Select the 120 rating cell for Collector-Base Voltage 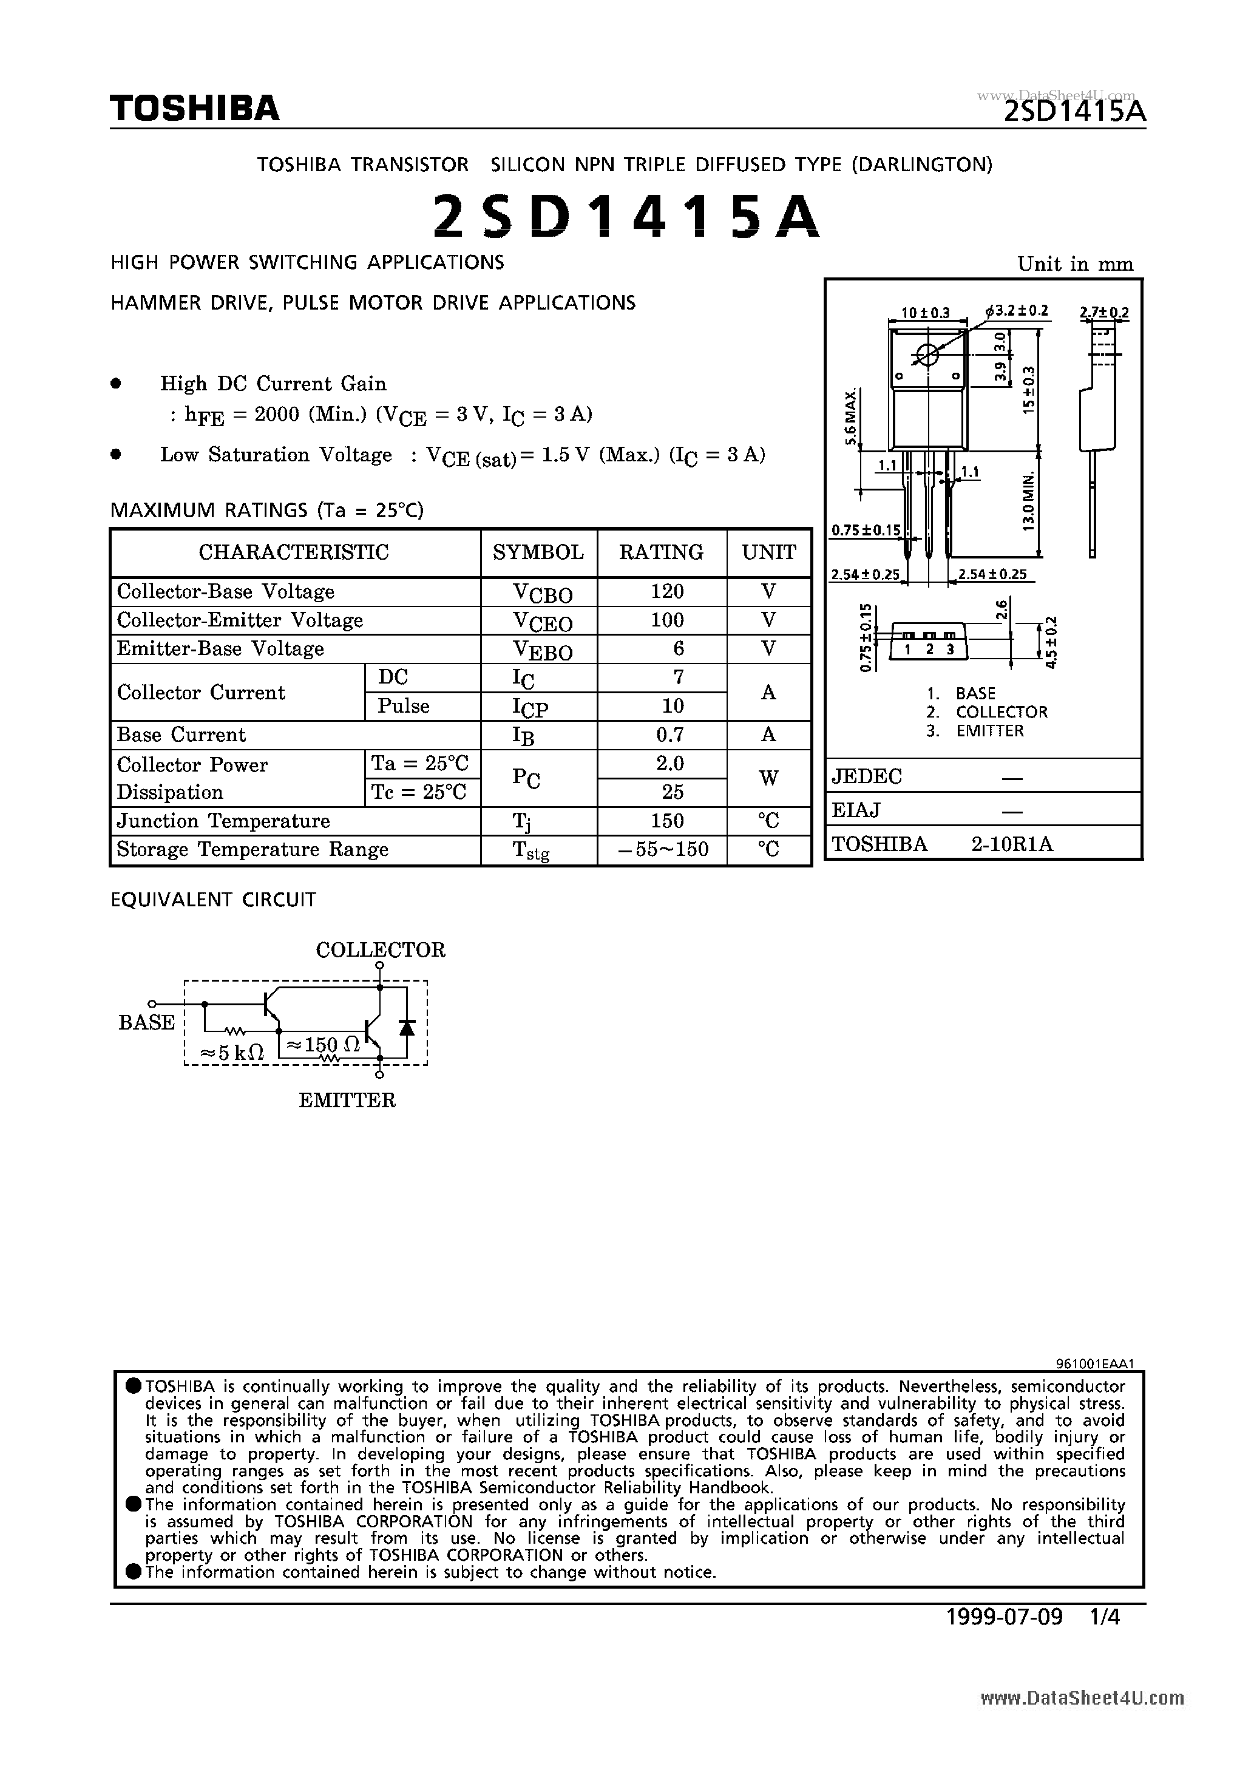tap(666, 591)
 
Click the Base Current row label tap(181, 735)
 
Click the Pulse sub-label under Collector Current tap(403, 706)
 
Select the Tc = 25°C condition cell tap(419, 792)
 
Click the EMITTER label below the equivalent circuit tap(347, 1099)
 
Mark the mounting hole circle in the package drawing tap(926, 355)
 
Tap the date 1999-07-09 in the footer tap(1005, 1617)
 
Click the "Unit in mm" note tap(1074, 265)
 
